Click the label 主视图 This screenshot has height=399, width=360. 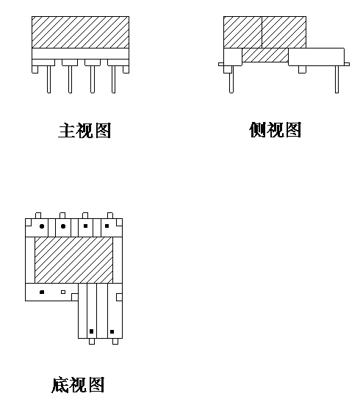pyautogui.click(x=84, y=131)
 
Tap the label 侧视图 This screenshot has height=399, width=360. pyautogui.click(x=276, y=129)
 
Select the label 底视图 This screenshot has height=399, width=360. pyautogui.click(x=78, y=385)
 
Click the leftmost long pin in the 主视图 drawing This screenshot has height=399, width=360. pyautogui.click(x=48, y=79)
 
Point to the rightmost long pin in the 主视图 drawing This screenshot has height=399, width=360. pyautogui.click(x=113, y=79)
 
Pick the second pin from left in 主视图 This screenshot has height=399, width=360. pyautogui.click(x=71, y=79)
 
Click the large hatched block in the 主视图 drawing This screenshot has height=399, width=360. pyautogui.click(x=80, y=32)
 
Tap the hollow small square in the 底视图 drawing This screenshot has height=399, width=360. pyautogui.click(x=63, y=292)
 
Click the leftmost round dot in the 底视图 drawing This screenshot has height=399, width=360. pyautogui.click(x=42, y=226)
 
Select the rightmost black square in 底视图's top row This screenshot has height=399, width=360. pyautogui.click(x=107, y=226)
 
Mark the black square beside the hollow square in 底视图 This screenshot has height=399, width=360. pyautogui.click(x=42, y=292)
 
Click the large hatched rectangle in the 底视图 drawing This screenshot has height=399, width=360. pyautogui.click(x=73, y=260)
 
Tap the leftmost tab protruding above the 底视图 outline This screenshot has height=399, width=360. pyautogui.click(x=38, y=215)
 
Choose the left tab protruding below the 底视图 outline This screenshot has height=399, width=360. pyautogui.click(x=92, y=341)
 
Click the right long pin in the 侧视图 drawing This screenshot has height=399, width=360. pyautogui.click(x=336, y=79)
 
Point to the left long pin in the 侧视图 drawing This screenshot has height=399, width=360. pyautogui.click(x=231, y=79)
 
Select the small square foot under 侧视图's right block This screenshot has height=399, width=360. pyautogui.click(x=302, y=70)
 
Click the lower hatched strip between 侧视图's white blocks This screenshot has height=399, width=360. pyautogui.click(x=265, y=55)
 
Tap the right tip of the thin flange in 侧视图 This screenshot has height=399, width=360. pyautogui.click(x=349, y=64)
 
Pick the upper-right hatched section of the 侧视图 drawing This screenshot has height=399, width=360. pyautogui.click(x=284, y=32)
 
